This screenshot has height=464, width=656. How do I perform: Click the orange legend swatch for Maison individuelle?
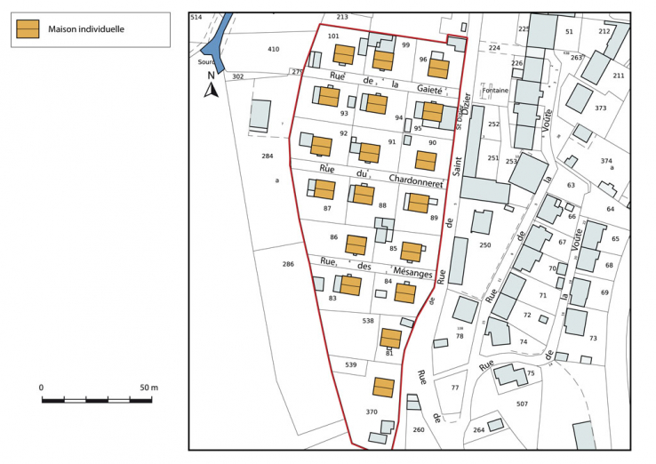click(29, 29)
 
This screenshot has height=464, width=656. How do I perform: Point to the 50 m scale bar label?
click(148, 388)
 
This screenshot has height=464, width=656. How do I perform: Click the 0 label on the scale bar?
click(42, 388)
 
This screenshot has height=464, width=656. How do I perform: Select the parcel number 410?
click(274, 50)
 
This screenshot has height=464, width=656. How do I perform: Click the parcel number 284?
click(267, 156)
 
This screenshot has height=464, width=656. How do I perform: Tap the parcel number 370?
click(372, 412)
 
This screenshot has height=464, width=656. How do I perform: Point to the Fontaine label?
click(495, 90)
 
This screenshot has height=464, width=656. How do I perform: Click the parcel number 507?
click(522, 404)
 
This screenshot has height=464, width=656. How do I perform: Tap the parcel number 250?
click(484, 245)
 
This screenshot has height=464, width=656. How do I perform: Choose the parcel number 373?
click(601, 108)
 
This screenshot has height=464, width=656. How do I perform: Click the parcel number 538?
click(368, 320)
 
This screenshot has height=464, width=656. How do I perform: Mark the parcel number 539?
click(351, 364)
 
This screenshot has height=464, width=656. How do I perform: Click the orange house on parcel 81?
click(390, 338)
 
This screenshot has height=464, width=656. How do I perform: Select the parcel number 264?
click(479, 430)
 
